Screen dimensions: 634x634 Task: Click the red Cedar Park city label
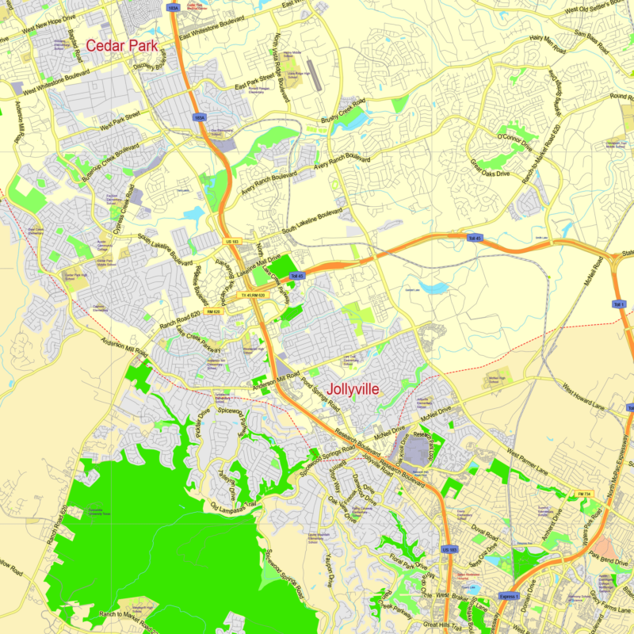121,45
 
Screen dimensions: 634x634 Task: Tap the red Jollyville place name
347,389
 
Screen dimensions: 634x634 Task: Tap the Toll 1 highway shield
619,304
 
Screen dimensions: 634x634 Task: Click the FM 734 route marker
585,495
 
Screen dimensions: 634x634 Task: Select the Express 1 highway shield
510,596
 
